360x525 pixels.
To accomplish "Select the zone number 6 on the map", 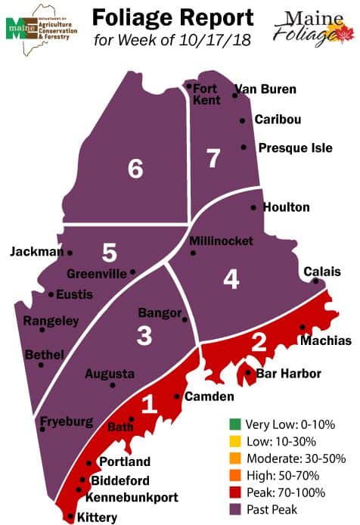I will coord(135,169).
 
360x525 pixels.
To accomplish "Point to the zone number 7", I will coord(213,158).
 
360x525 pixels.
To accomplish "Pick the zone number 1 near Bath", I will coord(150,405).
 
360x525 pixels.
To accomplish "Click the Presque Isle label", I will coord(295,148).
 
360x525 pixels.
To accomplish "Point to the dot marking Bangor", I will coord(185,320).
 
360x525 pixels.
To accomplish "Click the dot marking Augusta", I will coord(113,385).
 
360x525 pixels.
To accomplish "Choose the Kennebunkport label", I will coord(132,498).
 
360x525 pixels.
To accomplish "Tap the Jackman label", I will coord(36,252).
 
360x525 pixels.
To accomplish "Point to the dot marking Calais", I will coord(315,281).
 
